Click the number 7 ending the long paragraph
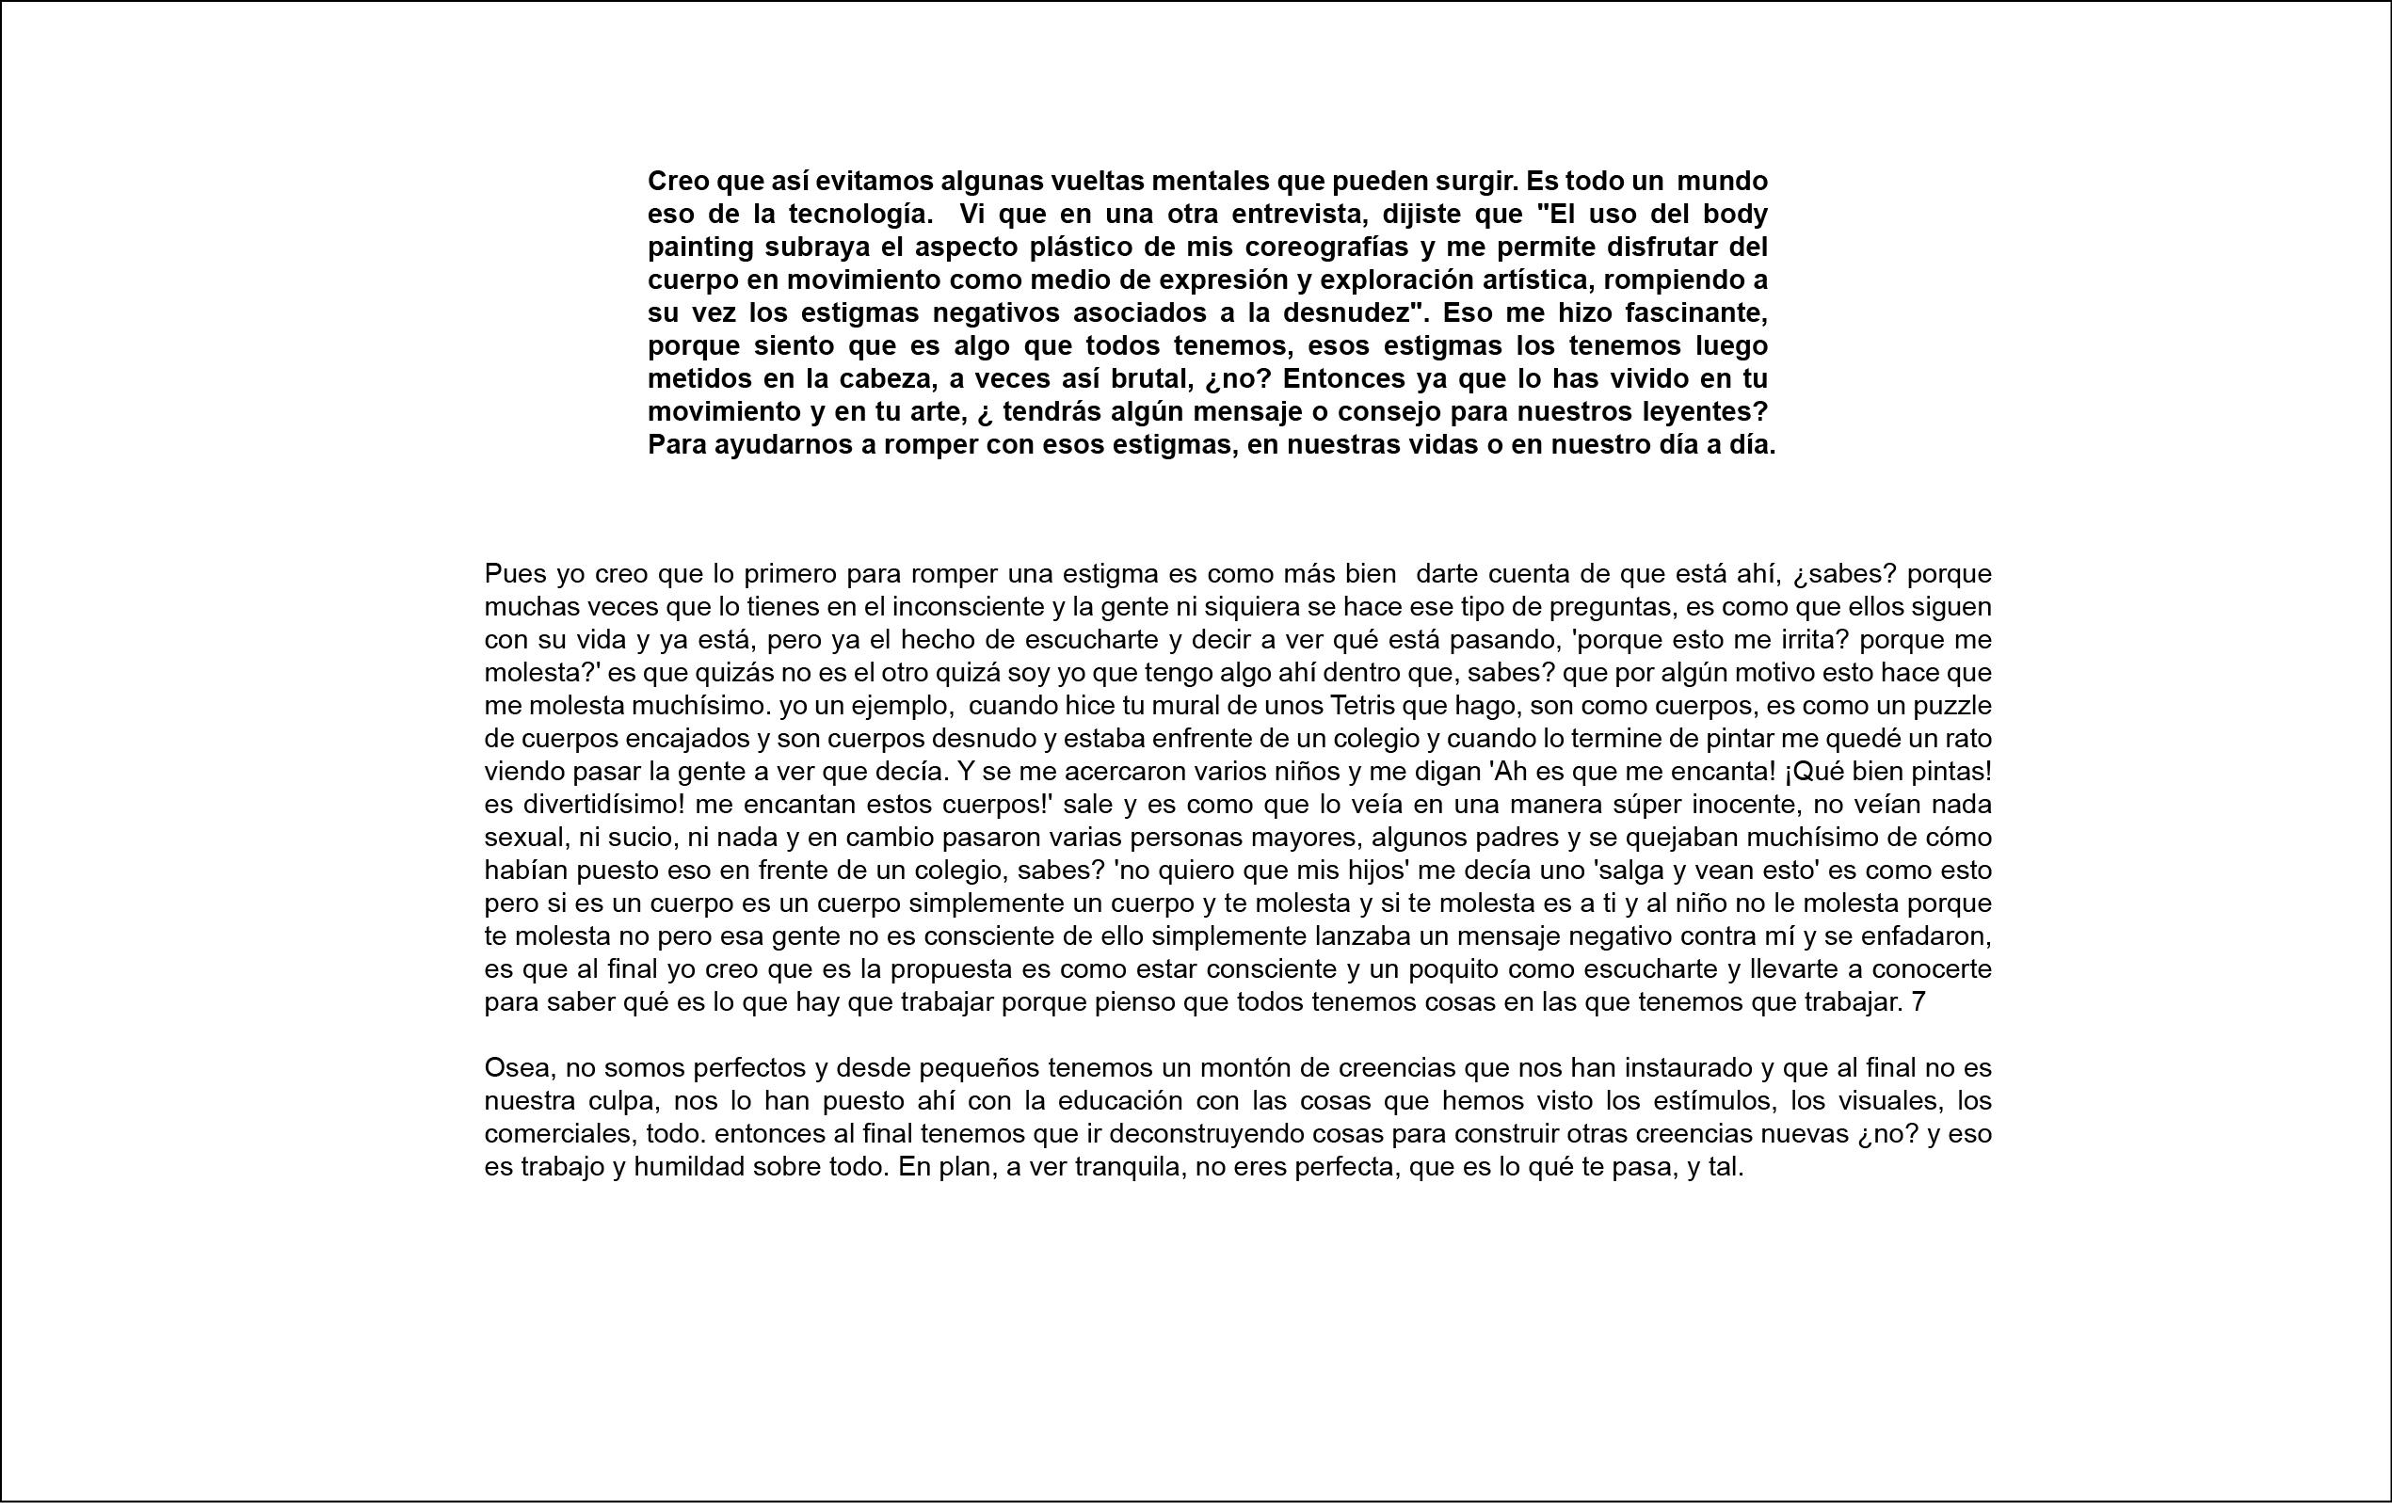tap(1918, 1002)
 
